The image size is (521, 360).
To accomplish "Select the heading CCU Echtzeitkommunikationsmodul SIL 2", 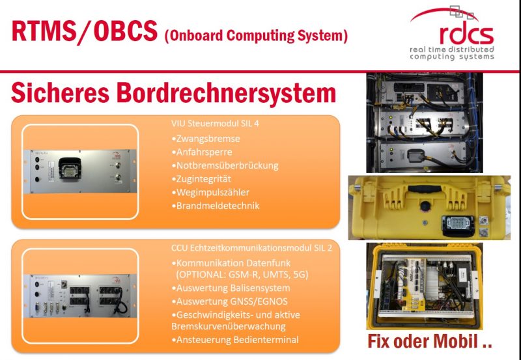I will pyautogui.click(x=236, y=248).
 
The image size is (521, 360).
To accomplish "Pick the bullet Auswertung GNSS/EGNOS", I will pyautogui.click(x=227, y=301).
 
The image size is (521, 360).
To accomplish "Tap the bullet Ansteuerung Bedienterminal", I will pyautogui.click(x=231, y=340).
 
